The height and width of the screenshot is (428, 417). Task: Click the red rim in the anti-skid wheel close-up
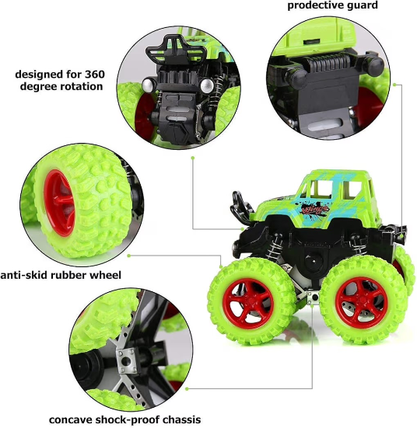click(60, 202)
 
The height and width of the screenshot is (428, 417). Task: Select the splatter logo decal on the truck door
click(313, 211)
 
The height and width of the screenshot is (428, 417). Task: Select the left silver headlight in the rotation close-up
click(148, 85)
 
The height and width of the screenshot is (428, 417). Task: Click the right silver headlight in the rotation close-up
click(207, 85)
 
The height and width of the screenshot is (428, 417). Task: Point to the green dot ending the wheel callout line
click(129, 256)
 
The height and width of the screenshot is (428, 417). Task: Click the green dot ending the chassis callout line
click(187, 388)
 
